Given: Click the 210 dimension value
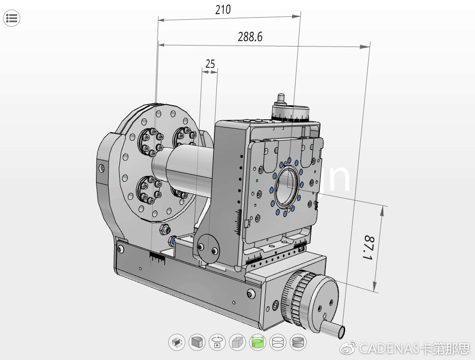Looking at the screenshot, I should tap(223, 10).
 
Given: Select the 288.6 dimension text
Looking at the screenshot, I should tap(250, 37).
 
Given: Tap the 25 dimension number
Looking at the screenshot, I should tap(210, 64).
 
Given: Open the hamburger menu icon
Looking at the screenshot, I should tap(11, 19).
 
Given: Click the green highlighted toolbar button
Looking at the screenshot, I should tap(258, 342).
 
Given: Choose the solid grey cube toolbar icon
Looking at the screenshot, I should tap(237, 342).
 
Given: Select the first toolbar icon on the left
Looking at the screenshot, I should tap(176, 342).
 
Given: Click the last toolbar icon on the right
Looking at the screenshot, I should tap(299, 342).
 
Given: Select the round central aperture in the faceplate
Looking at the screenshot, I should tap(287, 185).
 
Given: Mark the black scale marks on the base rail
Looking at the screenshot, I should tap(158, 258).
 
